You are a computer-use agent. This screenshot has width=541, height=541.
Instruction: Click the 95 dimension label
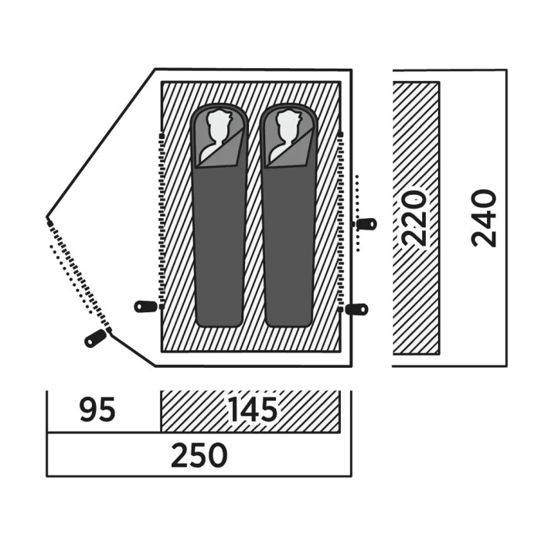pos(97,410)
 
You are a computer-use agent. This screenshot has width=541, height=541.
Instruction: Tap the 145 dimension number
pos(253,410)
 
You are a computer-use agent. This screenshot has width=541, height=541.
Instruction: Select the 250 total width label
pos(199,455)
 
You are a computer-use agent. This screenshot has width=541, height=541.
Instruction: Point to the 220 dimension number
pos(415,218)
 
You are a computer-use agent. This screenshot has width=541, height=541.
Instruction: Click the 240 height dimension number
pos(483,218)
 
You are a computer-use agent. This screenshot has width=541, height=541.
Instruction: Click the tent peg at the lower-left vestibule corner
pos(95,339)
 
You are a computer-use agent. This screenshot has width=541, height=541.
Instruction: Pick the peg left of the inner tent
pos(145,306)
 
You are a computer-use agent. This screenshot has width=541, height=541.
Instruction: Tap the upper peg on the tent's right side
pos(367,224)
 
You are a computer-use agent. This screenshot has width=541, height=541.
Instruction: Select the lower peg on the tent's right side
pos(357,309)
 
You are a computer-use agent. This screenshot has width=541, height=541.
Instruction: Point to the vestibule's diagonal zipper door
pos(80,276)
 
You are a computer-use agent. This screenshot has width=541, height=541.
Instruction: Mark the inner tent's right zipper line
pos(341,221)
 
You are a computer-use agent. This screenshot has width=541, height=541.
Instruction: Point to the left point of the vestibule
pos(47,217)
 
